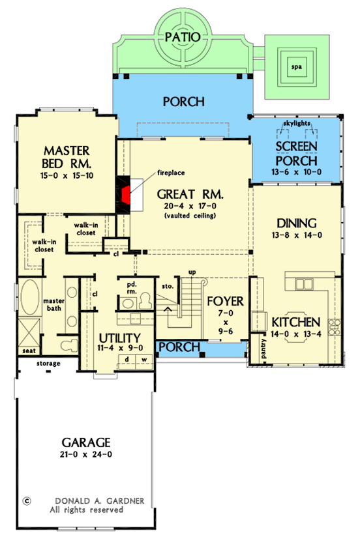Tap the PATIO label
point(182,37)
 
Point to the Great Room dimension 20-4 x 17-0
point(190,207)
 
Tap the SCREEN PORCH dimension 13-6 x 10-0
point(295,173)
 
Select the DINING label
point(295,222)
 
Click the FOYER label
point(224,301)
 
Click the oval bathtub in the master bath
point(29,298)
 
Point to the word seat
point(28,350)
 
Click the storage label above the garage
point(48,364)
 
